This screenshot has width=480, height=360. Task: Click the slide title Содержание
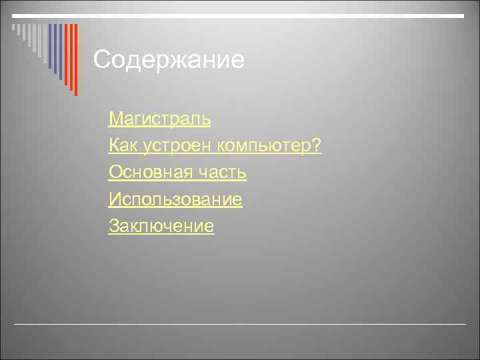point(169,61)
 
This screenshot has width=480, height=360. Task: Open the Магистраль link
point(159,119)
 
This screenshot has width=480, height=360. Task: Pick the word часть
point(223,173)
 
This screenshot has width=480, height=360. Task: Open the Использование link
point(175,199)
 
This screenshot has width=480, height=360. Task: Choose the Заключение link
point(161,226)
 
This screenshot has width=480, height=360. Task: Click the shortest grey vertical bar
point(13,28)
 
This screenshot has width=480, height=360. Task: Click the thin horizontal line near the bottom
point(240,324)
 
